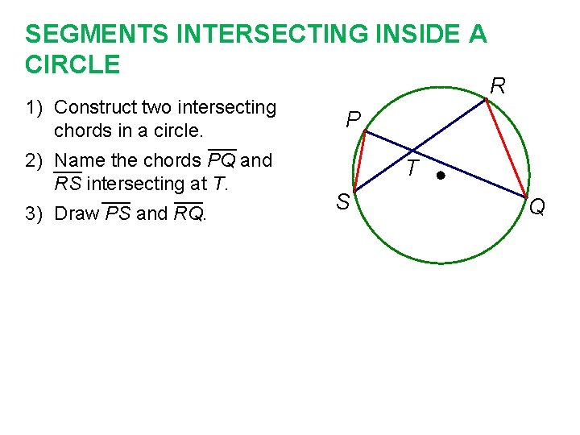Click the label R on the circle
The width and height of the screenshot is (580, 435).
click(499, 86)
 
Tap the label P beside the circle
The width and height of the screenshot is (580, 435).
click(353, 121)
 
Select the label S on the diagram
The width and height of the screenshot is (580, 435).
click(342, 203)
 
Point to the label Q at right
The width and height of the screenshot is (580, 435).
click(537, 208)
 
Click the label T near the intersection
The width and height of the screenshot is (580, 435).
click(412, 169)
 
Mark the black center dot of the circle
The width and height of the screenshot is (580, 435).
click(441, 174)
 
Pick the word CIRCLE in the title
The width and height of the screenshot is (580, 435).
click(72, 64)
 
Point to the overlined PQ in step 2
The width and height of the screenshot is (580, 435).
click(222, 160)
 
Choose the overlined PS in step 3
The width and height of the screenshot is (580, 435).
click(118, 213)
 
